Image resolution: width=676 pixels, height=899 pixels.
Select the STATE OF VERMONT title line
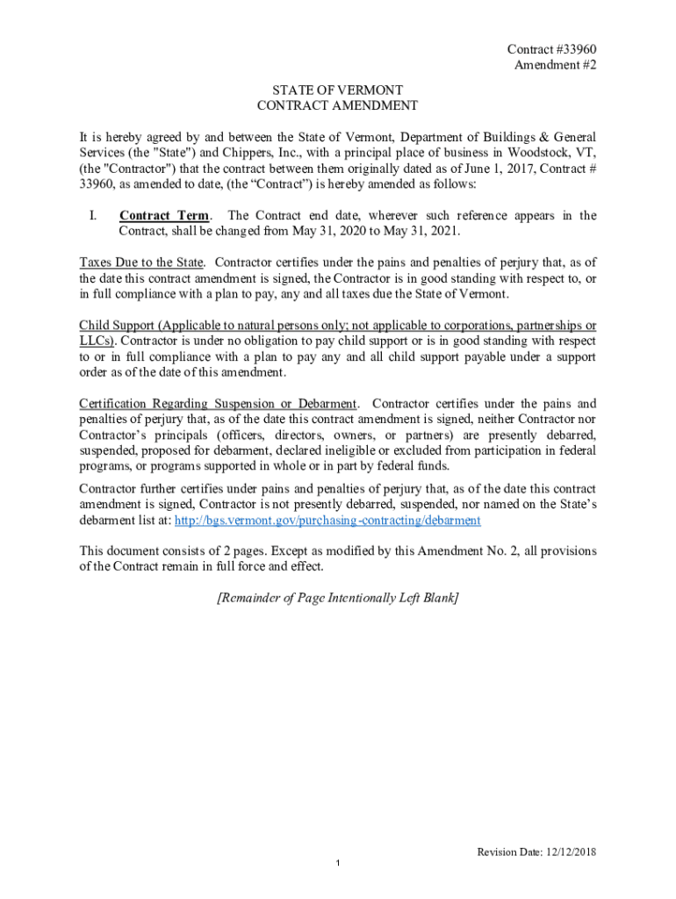pos(338,90)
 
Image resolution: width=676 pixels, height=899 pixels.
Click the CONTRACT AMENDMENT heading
pos(338,106)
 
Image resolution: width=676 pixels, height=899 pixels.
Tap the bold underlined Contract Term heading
pos(164,216)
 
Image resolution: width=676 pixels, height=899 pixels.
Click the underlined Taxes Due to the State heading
pos(142,263)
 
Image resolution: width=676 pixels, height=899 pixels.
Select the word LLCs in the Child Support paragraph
pos(97,341)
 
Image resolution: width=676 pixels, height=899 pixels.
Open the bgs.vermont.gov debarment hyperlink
pos(328,521)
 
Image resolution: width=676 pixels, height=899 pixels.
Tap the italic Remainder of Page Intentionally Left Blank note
pos(338,599)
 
